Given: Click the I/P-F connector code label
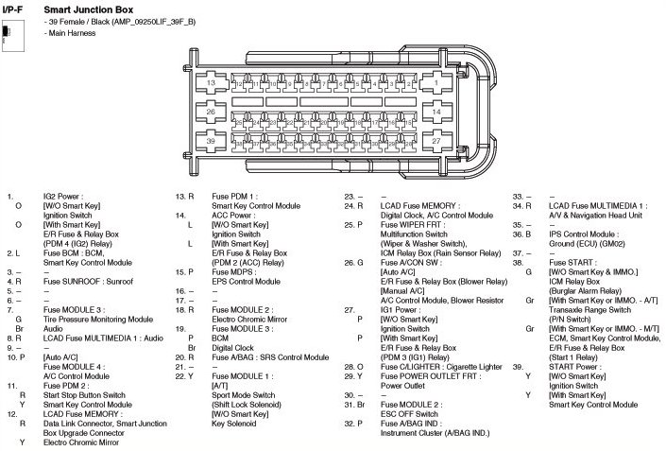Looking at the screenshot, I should pos(15,8).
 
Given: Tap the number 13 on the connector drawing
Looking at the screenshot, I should pos(212,83).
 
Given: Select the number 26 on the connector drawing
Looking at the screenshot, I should pos(212,113).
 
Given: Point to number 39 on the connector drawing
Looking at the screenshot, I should pos(212,140).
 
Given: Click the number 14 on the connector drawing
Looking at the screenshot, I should pos(435,112).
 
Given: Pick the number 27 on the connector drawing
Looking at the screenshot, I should pos(435,140).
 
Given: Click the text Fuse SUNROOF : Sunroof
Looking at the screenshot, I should pos(85,281).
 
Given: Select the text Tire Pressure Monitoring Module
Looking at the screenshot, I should pos(97,320).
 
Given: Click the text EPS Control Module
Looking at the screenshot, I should pos(246,281).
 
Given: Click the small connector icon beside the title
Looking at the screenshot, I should pos(8,33).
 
